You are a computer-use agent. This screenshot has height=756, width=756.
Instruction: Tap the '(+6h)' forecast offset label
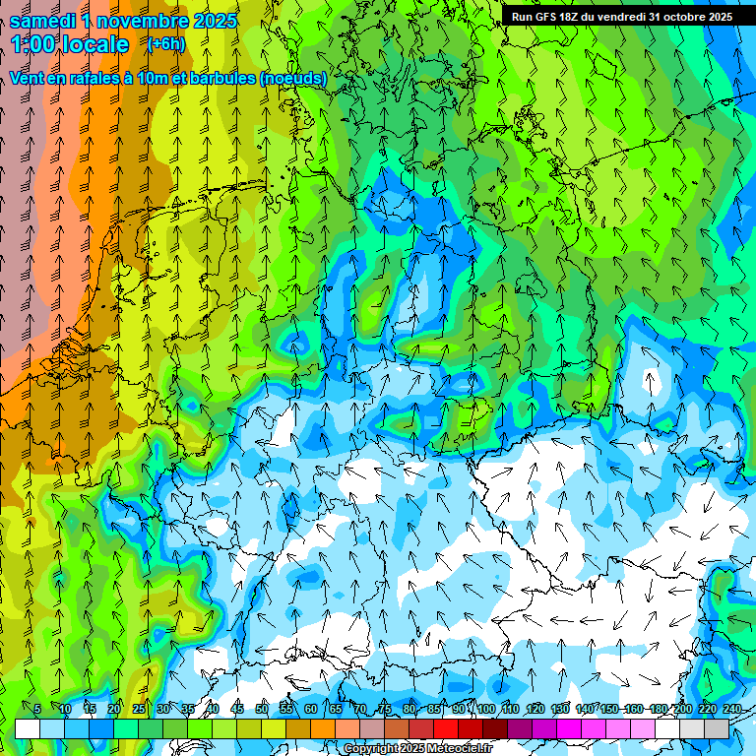click(165, 44)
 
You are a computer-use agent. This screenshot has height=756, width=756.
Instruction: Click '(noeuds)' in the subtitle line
click(292, 78)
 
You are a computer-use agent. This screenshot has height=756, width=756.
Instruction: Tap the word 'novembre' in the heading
click(145, 21)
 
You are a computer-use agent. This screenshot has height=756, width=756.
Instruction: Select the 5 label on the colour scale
click(37, 709)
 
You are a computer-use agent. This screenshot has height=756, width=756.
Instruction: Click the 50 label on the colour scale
click(261, 709)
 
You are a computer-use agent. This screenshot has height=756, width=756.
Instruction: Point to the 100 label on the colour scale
click(485, 709)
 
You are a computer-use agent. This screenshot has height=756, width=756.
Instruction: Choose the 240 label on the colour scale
click(732, 709)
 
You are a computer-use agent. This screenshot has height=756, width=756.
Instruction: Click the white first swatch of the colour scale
click(28, 728)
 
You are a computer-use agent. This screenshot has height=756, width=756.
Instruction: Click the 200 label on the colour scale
click(682, 709)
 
